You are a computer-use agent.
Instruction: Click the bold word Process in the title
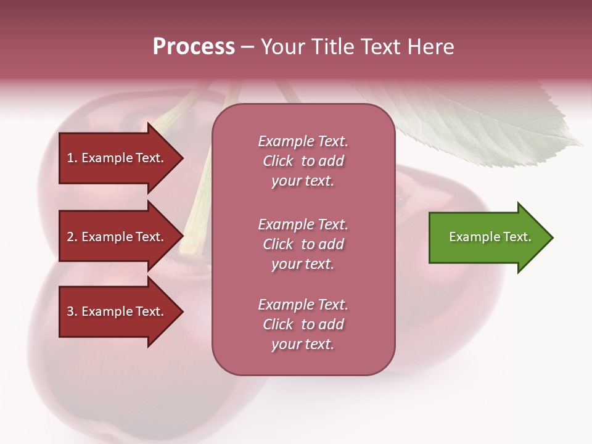tap(194, 47)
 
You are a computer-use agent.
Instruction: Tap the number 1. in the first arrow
tap(72, 158)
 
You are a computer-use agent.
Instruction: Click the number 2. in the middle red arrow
tap(72, 237)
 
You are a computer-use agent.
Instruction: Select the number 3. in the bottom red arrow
tap(72, 311)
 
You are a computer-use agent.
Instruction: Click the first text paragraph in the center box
tap(303, 161)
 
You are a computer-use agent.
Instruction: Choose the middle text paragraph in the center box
tap(303, 244)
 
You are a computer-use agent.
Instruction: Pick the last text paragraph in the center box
tap(303, 324)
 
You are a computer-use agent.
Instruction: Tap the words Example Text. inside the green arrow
tap(490, 237)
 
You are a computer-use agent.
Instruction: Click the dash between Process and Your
tap(247, 47)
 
